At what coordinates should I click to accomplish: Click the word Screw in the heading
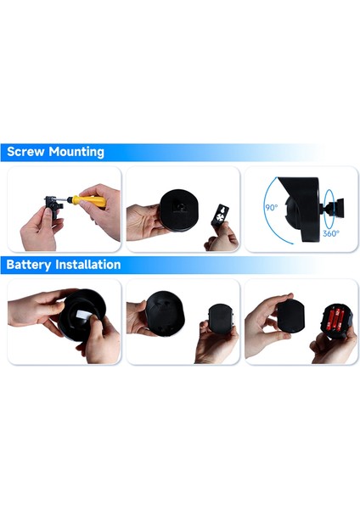coord(26,153)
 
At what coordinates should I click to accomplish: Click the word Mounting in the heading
coord(76,154)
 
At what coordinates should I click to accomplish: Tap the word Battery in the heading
coord(31,265)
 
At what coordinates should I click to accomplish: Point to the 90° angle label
coord(271,207)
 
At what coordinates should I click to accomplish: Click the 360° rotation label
coord(331,232)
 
